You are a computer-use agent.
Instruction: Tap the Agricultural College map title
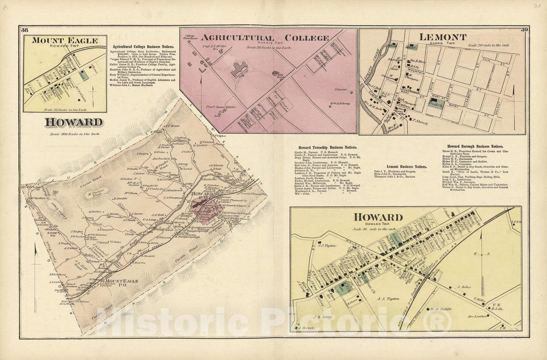pyautogui.click(x=266, y=37)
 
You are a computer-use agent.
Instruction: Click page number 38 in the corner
pyautogui.click(x=25, y=31)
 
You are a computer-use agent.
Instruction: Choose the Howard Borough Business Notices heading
pyautogui.click(x=475, y=146)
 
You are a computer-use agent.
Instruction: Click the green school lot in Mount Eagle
pyautogui.click(x=83, y=74)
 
